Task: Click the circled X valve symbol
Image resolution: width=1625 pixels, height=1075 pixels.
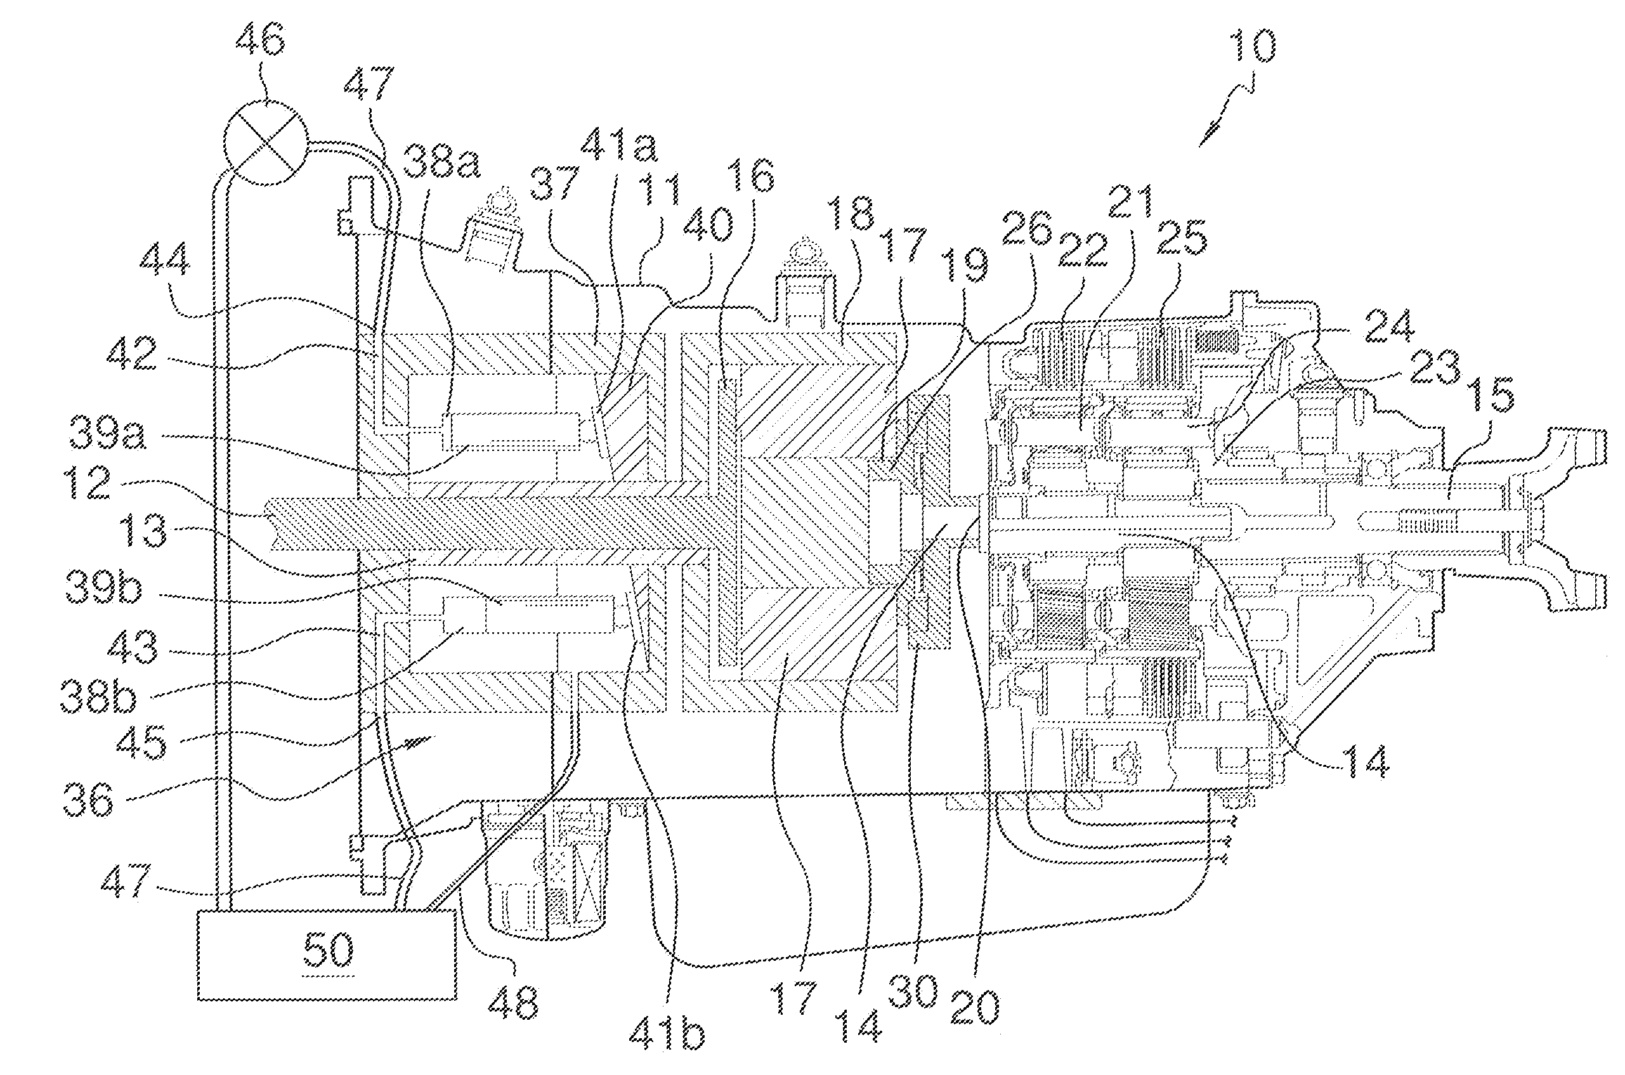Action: click(x=267, y=143)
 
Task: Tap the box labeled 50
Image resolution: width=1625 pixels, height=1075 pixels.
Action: click(x=327, y=954)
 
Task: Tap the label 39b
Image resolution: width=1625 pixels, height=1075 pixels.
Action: click(x=103, y=587)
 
